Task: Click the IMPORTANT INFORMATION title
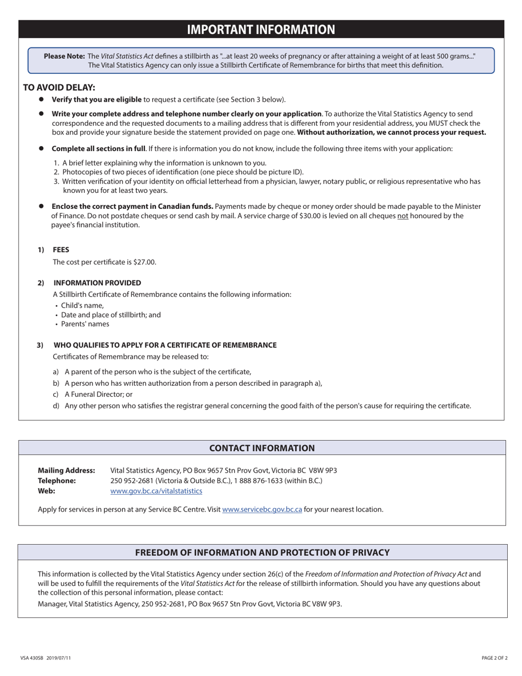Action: (x=261, y=30)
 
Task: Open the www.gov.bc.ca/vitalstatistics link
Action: (x=156, y=491)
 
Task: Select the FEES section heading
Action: (x=61, y=250)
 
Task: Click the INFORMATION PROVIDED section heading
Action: (x=97, y=282)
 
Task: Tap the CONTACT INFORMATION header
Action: (x=262, y=448)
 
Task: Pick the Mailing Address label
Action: (x=66, y=470)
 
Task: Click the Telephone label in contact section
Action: (x=57, y=480)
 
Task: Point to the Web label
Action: (x=46, y=491)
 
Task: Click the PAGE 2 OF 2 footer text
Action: (x=495, y=657)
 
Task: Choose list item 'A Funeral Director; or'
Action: (x=98, y=394)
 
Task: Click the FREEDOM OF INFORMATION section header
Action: (x=262, y=552)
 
